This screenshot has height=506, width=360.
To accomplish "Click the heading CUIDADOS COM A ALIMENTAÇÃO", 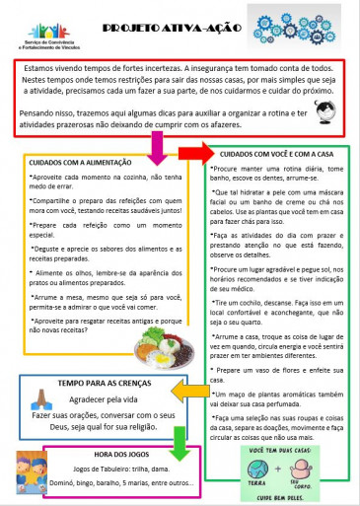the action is pos(83,162).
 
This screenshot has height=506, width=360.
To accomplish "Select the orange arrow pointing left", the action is pos(192,393).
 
